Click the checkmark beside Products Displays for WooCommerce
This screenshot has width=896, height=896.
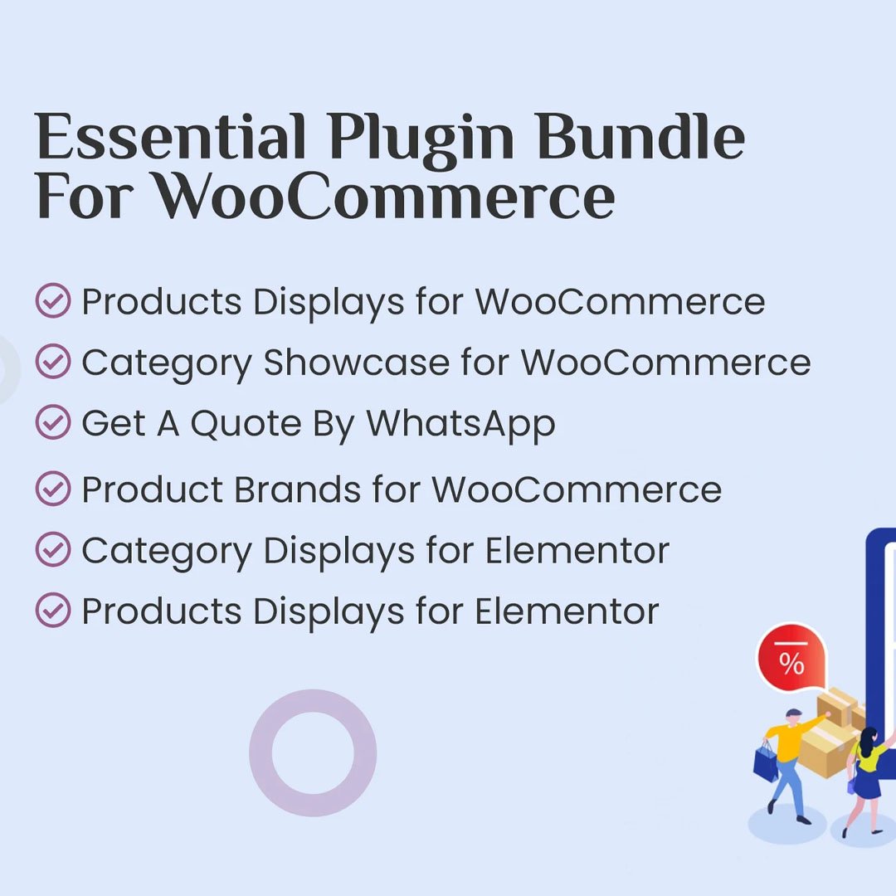[x=53, y=301]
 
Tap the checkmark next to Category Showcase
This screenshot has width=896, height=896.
[x=53, y=363]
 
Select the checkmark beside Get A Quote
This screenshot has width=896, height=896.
[x=53, y=424]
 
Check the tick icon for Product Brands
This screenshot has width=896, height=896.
[x=53, y=489]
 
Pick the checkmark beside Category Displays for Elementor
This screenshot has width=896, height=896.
[x=53, y=550]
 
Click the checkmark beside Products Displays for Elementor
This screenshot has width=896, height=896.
[x=53, y=611]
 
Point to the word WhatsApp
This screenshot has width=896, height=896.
[x=461, y=424]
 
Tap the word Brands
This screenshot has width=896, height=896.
[x=297, y=489]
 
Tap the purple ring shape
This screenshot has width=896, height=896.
[x=313, y=752]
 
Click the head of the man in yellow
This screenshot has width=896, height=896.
[x=793, y=716]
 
